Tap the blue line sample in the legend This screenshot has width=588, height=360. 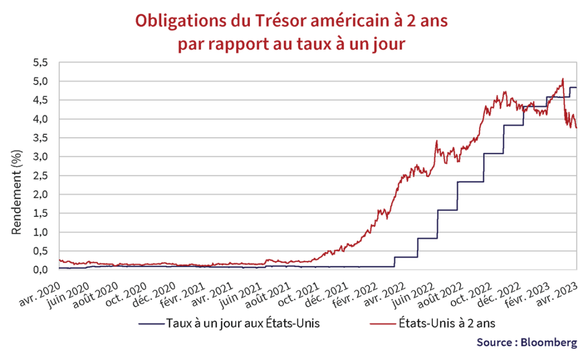[x=150, y=324]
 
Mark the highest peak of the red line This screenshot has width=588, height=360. [x=562, y=79]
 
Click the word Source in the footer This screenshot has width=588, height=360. [x=494, y=343]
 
